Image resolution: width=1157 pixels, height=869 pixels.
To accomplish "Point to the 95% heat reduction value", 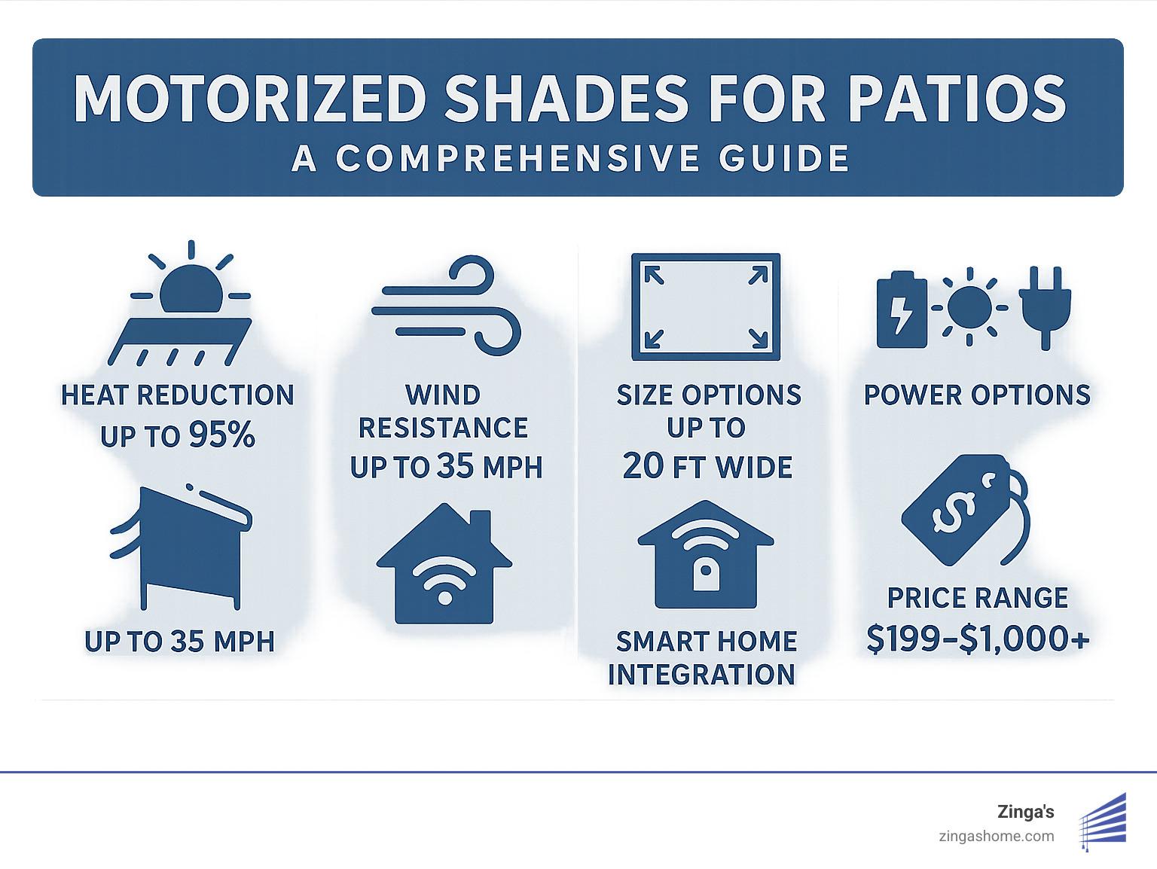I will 222,435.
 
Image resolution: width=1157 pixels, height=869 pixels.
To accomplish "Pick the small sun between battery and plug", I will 970,307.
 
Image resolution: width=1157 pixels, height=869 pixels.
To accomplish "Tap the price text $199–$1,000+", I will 978,639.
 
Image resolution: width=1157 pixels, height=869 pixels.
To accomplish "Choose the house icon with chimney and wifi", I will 444,565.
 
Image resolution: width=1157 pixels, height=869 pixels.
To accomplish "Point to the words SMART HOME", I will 706,642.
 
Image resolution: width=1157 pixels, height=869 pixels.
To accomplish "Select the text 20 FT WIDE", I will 707,467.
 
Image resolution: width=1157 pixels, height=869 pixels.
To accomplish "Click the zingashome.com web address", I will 997,836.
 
